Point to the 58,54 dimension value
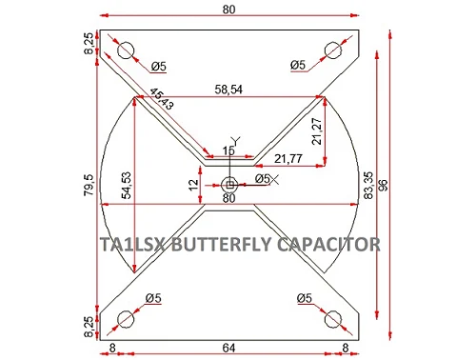coord(228,90)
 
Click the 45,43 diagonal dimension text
coord(162,99)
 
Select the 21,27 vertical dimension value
coord(317,131)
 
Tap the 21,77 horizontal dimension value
coord(288,158)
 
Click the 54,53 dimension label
coord(127,186)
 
